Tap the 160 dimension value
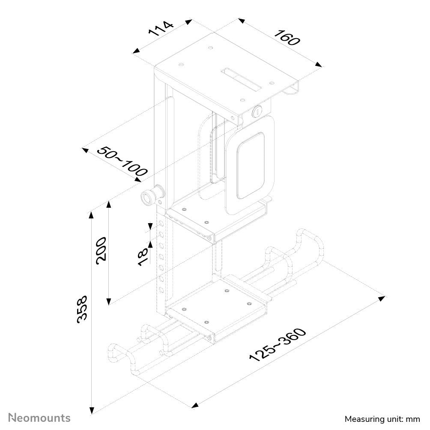click(x=287, y=38)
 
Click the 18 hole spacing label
click(x=143, y=257)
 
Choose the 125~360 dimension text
click(x=278, y=345)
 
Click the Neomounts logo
click(x=40, y=417)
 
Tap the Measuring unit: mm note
click(x=382, y=418)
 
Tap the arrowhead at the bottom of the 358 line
click(x=91, y=411)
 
